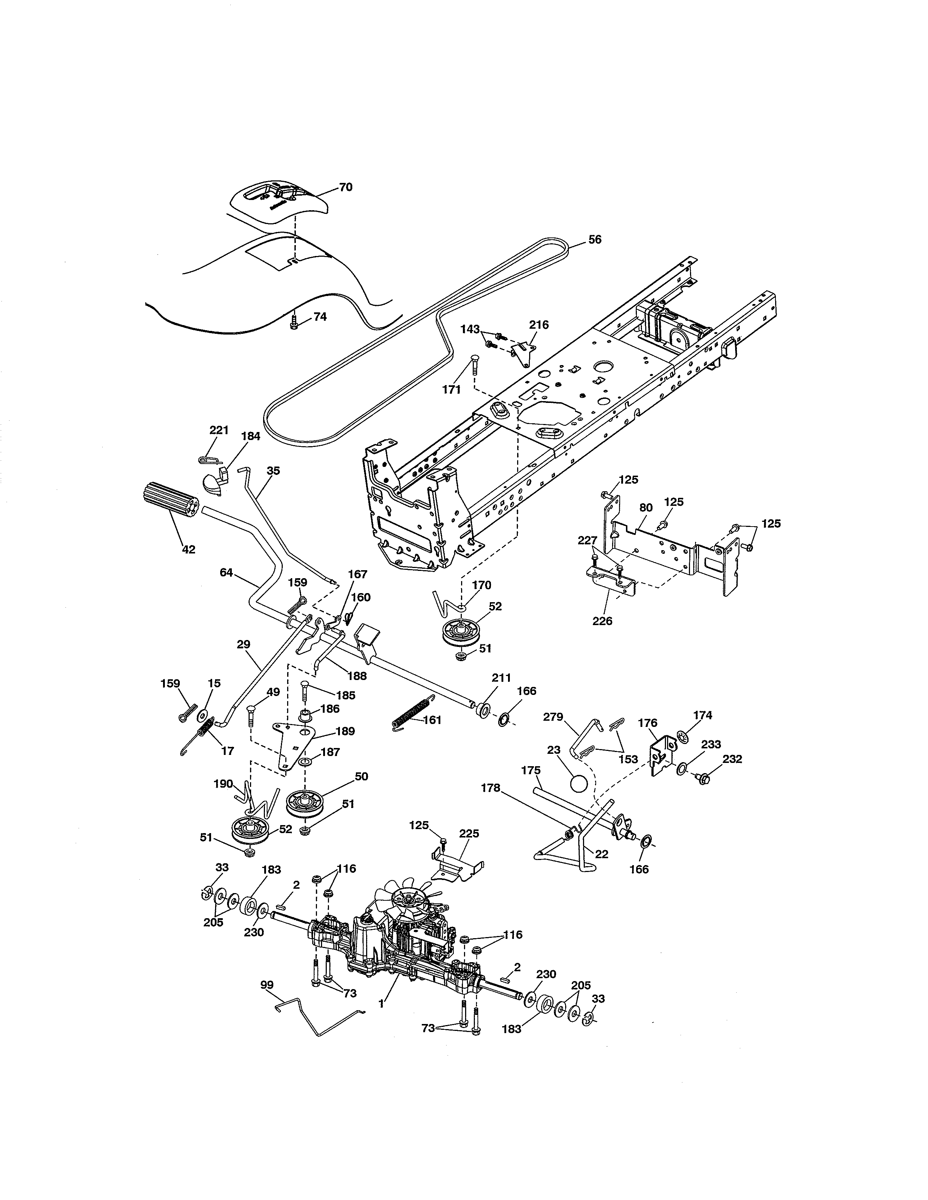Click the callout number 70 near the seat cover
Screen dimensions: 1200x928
point(345,187)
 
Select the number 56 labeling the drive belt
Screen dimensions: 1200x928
point(595,240)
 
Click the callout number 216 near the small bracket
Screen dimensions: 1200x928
point(539,325)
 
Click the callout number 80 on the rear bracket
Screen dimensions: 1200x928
point(646,508)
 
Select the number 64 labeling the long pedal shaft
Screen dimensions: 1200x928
point(226,572)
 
